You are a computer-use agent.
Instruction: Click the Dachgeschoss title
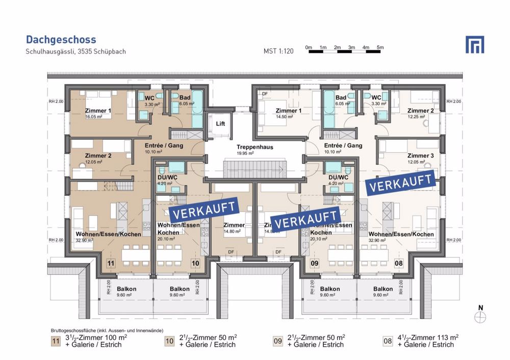point(61,40)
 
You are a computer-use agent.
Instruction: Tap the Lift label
point(220,124)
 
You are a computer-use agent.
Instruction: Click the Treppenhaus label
point(254,147)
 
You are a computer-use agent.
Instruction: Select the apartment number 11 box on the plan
point(111,263)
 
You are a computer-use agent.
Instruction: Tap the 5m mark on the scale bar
point(380,47)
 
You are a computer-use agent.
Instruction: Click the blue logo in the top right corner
point(474,44)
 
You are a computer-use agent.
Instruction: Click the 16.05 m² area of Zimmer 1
point(94,117)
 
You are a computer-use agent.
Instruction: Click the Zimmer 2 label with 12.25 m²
point(420,111)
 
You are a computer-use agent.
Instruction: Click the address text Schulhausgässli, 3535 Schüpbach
point(75,52)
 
